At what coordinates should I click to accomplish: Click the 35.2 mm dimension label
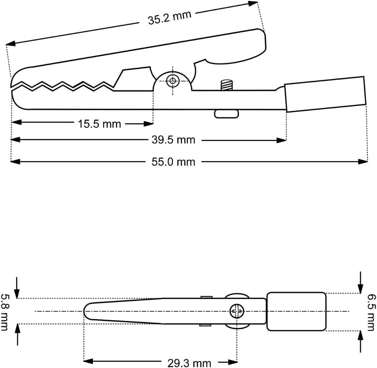[170, 17]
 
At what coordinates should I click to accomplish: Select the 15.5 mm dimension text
[99, 124]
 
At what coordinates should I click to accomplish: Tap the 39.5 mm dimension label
[173, 140]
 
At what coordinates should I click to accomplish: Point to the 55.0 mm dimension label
[173, 162]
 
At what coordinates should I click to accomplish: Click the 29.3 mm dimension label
[190, 363]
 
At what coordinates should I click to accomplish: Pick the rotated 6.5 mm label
[371, 312]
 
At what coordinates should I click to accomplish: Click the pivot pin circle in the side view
[172, 81]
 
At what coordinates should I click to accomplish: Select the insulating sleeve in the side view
[325, 94]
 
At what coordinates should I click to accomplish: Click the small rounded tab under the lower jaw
[227, 114]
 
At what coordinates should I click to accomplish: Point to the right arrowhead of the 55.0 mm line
[363, 162]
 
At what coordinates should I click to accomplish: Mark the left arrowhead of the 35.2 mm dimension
[11, 43]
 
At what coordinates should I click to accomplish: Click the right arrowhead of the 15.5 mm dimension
[148, 124]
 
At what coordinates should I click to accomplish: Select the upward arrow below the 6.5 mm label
[360, 341]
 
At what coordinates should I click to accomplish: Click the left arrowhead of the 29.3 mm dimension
[88, 361]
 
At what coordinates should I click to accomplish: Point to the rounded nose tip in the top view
[84, 311]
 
